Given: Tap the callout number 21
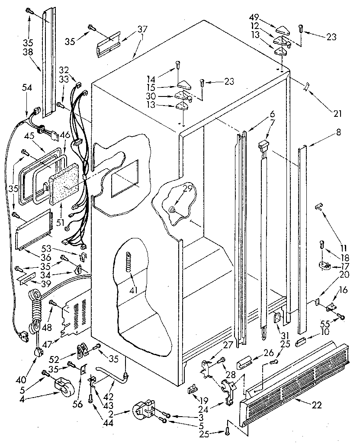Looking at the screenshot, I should click(x=337, y=114).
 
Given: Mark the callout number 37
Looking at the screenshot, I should click(x=142, y=30).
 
